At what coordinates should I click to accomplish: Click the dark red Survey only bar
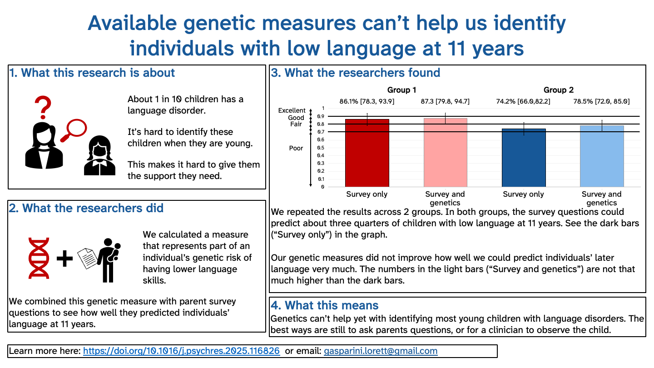pyautogui.click(x=367, y=153)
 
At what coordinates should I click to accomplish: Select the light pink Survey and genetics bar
pyautogui.click(x=445, y=153)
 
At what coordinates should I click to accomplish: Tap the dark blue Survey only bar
pyautogui.click(x=524, y=158)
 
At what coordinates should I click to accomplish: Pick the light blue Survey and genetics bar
pyautogui.click(x=602, y=156)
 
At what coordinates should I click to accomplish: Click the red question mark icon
pyautogui.click(x=43, y=108)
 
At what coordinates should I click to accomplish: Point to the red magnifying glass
pyautogui.click(x=74, y=130)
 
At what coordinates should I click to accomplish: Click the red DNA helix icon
pyautogui.click(x=39, y=258)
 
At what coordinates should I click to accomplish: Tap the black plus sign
pyautogui.click(x=64, y=259)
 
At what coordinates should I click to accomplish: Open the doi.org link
pyautogui.click(x=181, y=351)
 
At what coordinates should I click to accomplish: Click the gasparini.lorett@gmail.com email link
pyautogui.click(x=381, y=351)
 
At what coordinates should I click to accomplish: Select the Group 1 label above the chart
pyautogui.click(x=401, y=90)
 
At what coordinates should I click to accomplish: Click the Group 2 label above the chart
pyautogui.click(x=558, y=90)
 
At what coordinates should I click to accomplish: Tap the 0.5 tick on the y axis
pyautogui.click(x=321, y=148)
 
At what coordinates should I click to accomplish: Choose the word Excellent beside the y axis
pyautogui.click(x=292, y=110)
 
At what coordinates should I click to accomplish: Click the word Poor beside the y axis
pyautogui.click(x=296, y=148)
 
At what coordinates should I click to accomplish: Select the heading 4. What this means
pyautogui.click(x=324, y=305)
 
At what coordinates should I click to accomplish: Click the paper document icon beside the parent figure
pyautogui.click(x=87, y=259)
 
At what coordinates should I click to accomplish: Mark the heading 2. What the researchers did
pyautogui.click(x=86, y=208)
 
